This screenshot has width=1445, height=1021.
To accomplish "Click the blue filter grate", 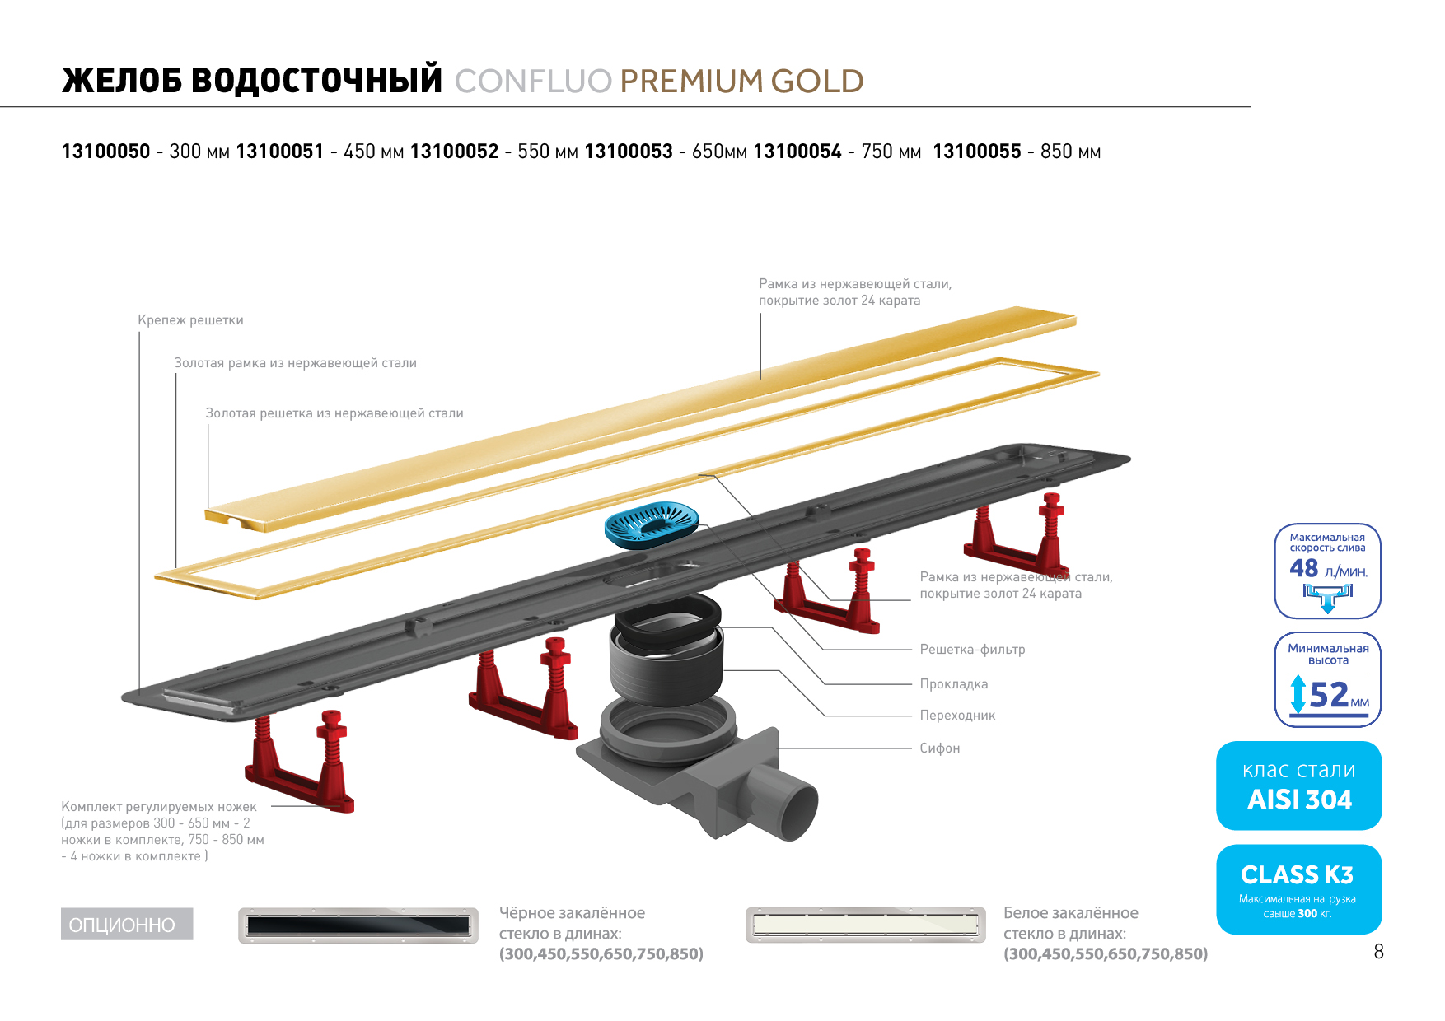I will [651, 524].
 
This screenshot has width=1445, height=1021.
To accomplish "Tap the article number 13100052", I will [454, 152].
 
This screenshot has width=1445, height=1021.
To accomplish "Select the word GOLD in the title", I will [817, 82].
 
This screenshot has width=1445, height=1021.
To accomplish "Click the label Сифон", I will [939, 748].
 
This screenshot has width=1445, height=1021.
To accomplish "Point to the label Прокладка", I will [953, 683].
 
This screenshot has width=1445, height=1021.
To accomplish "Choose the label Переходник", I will [957, 715].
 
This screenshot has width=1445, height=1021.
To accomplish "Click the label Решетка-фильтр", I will [972, 649].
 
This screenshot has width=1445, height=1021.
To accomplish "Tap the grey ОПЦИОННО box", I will [126, 924].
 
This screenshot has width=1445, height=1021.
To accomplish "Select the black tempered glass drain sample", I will [358, 925].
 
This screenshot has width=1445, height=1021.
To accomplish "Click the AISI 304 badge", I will [1298, 786].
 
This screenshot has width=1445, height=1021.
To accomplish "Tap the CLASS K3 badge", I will [1298, 889].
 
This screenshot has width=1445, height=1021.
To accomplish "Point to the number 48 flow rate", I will [1304, 568].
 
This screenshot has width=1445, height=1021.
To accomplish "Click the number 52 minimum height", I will [1328, 695].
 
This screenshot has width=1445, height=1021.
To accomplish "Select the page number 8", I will [1378, 952].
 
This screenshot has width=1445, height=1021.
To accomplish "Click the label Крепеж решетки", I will [190, 320].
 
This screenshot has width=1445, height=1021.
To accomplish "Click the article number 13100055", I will [976, 152].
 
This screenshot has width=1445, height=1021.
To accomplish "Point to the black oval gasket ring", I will [667, 615].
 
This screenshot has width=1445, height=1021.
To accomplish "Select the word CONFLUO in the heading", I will [533, 82].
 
